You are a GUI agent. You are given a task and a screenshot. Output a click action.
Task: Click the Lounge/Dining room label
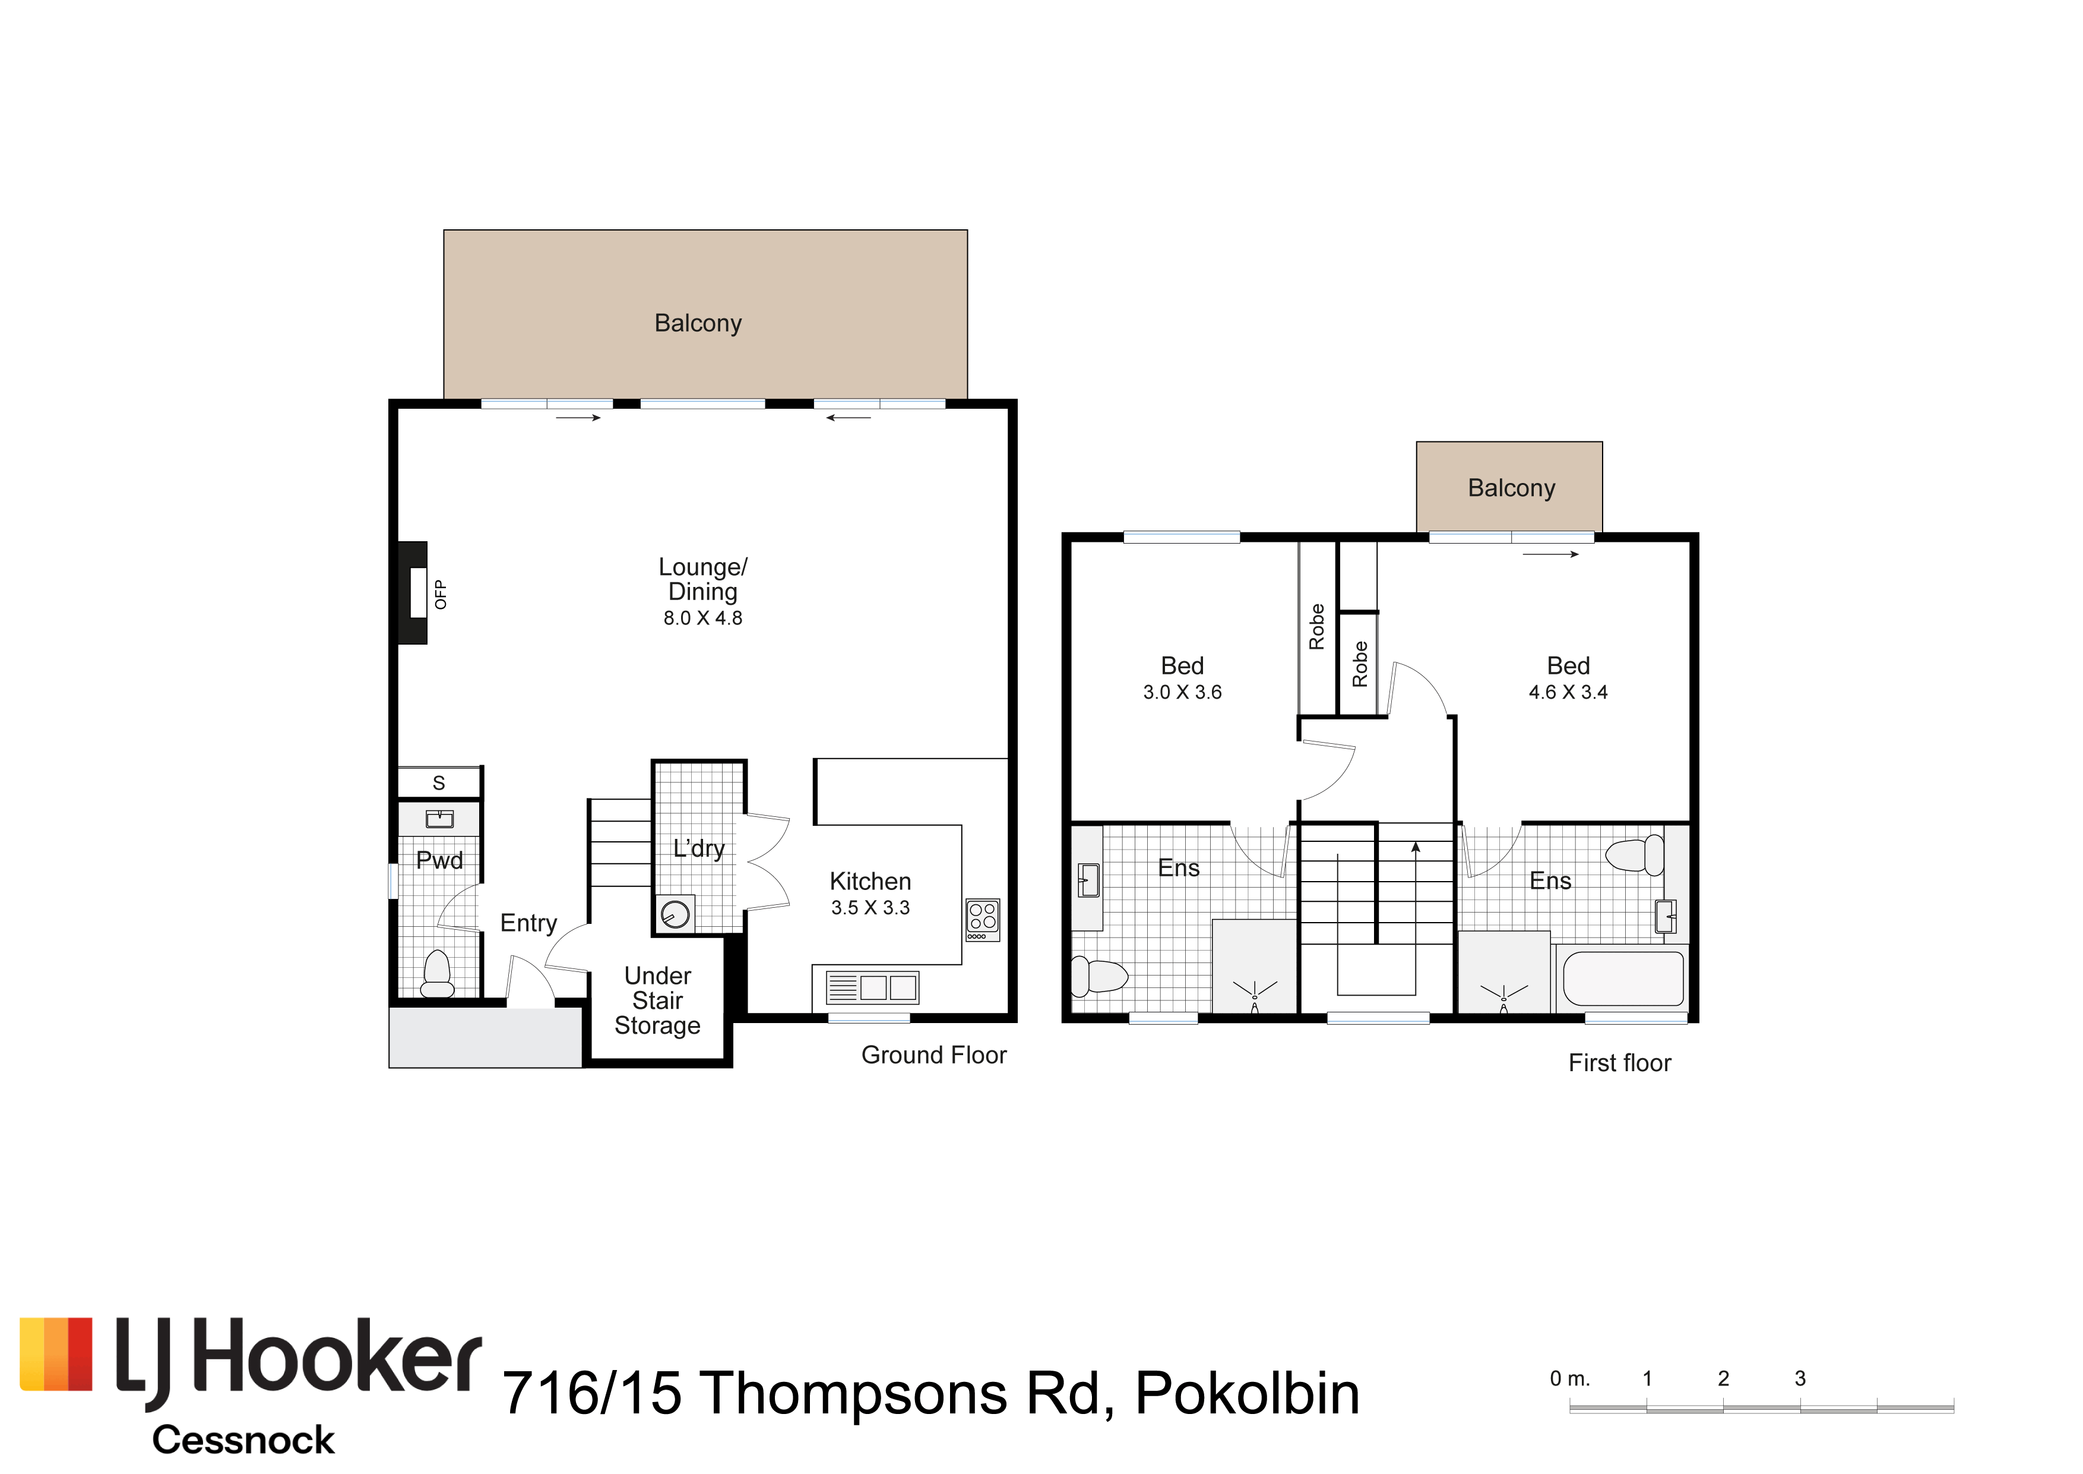703,579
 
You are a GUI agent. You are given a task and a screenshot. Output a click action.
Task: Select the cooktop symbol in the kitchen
983,920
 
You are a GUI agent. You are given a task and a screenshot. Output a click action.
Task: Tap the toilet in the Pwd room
437,974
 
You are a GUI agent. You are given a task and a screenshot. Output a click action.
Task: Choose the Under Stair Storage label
658,1000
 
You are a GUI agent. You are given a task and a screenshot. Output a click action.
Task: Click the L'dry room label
698,848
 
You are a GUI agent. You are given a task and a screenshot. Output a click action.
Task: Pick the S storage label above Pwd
439,782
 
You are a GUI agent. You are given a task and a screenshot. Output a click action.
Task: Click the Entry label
529,923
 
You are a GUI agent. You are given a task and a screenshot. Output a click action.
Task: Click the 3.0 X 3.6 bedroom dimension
1182,693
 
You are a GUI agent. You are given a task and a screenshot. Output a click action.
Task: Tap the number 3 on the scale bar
1800,1379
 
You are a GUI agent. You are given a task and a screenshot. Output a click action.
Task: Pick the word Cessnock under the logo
243,1440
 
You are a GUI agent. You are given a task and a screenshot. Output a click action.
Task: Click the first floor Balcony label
1511,488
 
